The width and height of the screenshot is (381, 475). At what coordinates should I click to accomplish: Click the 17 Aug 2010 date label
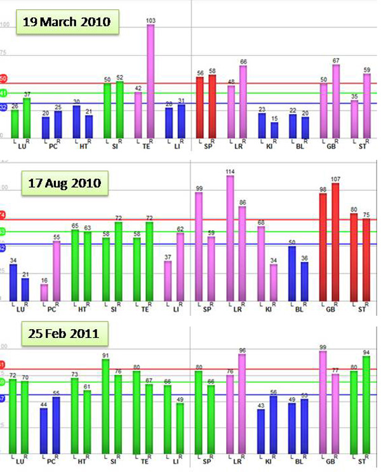(64, 184)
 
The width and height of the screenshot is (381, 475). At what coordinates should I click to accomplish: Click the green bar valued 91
(106, 406)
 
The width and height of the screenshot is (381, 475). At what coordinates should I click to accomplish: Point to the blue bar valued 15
(274, 130)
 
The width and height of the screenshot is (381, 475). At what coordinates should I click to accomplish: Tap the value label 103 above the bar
(150, 21)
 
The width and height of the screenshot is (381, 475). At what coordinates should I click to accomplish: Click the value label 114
(230, 172)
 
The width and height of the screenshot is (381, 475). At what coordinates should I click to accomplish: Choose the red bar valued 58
(212, 107)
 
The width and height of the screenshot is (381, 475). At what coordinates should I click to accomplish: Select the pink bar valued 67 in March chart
(336, 101)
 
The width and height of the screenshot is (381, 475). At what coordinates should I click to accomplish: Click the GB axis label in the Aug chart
(330, 309)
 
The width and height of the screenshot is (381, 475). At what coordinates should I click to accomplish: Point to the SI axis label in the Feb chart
(112, 462)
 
